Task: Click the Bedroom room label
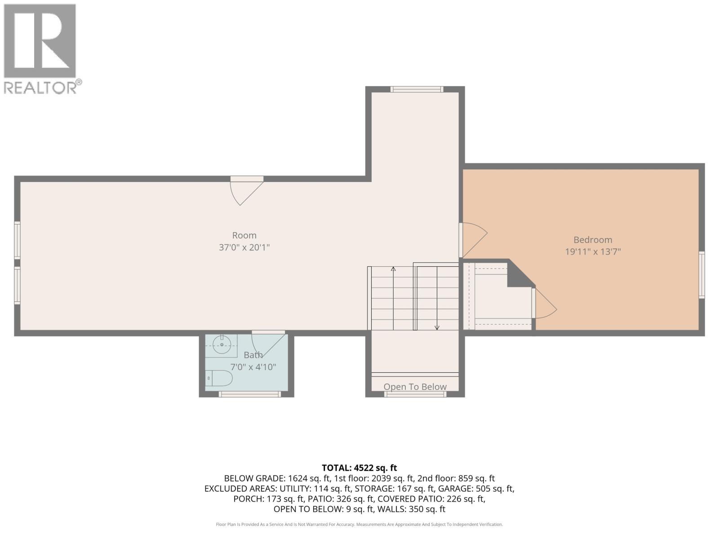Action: click(x=592, y=240)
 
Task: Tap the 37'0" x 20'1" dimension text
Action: click(x=244, y=247)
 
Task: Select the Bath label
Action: click(x=253, y=355)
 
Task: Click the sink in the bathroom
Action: click(x=222, y=345)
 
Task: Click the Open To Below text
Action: click(x=415, y=387)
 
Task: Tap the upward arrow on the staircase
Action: click(x=393, y=269)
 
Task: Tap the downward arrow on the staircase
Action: click(x=437, y=327)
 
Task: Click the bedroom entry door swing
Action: click(x=474, y=238)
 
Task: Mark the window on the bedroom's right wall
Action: click(x=701, y=275)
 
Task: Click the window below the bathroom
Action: click(x=250, y=394)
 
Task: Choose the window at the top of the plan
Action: click(x=417, y=89)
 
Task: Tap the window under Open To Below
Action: click(x=415, y=394)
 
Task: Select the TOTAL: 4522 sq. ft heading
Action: click(x=359, y=468)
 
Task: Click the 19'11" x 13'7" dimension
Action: click(x=592, y=252)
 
